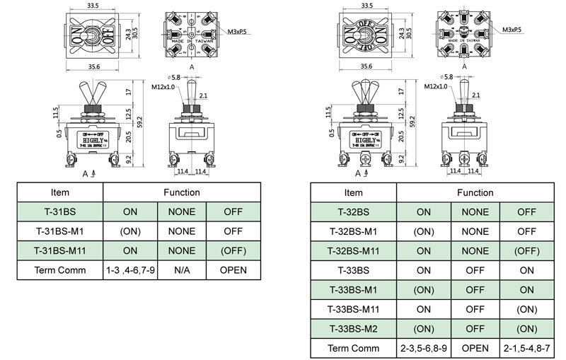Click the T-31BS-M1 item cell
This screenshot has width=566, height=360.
coord(60,231)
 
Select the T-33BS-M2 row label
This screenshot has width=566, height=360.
coord(354,328)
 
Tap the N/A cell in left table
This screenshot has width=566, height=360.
coord(181,270)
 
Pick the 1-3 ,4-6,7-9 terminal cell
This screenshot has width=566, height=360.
coord(131,270)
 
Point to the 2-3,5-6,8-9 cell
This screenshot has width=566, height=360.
coord(423,348)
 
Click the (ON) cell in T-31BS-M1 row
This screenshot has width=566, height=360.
coord(131,231)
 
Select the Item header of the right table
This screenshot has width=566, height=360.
coord(354,192)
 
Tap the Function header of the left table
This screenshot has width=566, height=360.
coord(181,192)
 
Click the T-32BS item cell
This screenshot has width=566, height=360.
coord(354,211)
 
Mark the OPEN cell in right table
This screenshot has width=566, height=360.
coord(475,348)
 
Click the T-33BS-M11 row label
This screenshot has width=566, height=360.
coord(354,309)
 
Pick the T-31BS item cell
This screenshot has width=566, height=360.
coord(60,211)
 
